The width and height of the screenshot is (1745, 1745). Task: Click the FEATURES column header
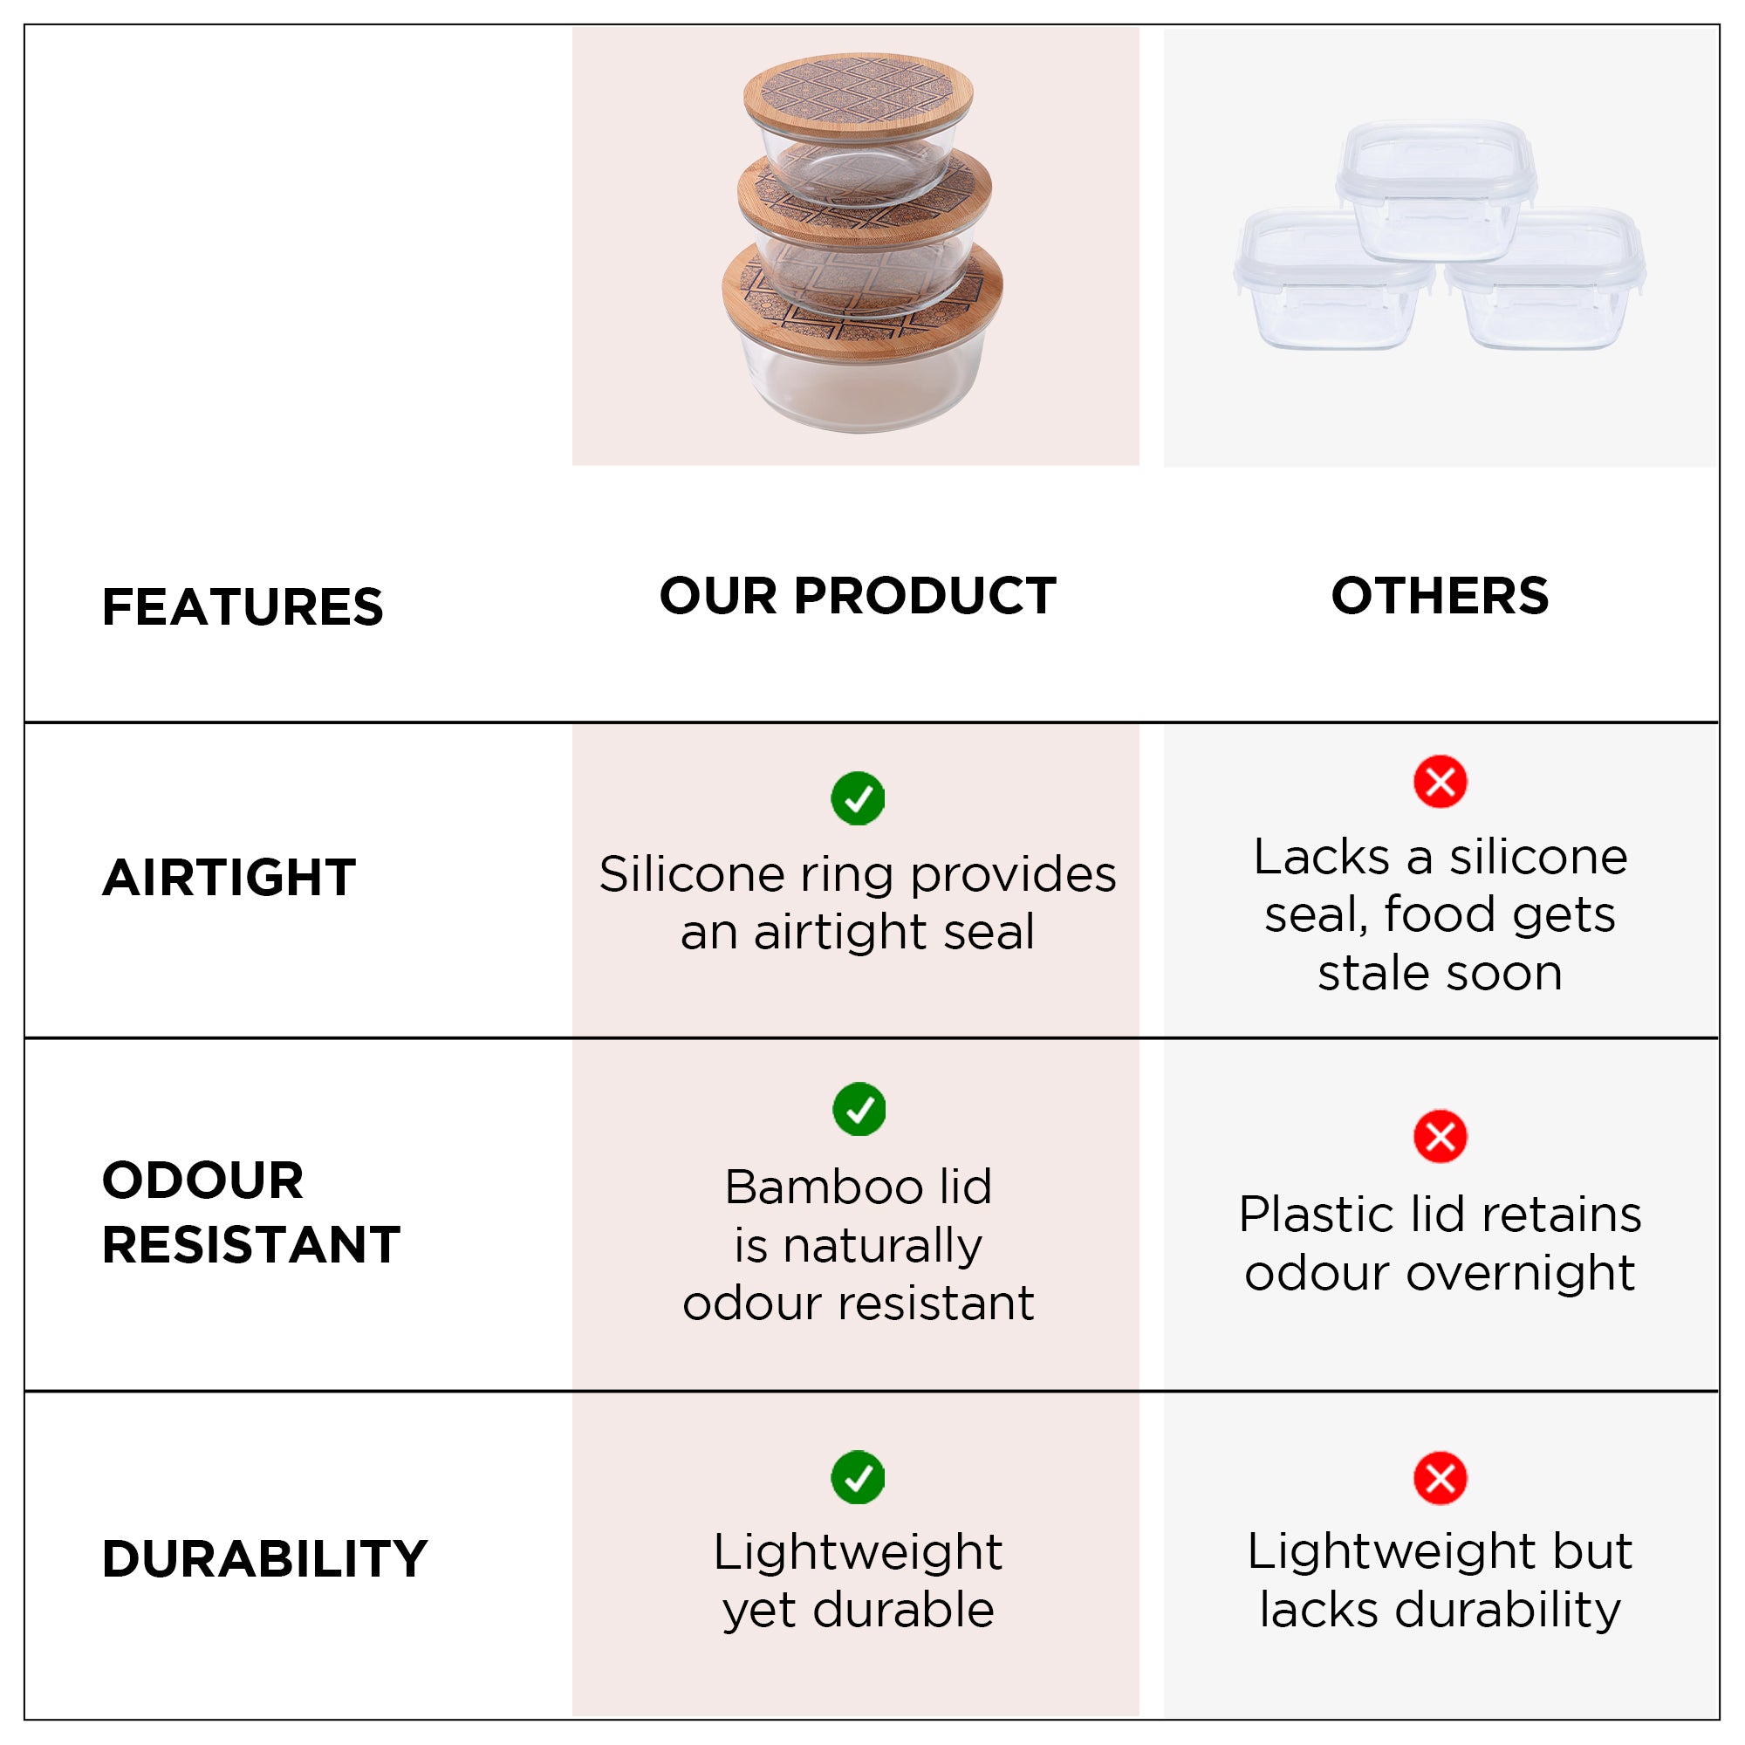242,606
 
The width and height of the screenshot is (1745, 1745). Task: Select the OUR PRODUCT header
857,595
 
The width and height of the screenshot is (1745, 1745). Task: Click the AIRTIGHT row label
229,877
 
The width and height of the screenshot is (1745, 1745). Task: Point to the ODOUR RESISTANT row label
250,1211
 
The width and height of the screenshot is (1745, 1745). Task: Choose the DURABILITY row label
263,1558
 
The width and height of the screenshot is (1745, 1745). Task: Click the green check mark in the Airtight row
857,798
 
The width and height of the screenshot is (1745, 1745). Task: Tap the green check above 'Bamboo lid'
859,1108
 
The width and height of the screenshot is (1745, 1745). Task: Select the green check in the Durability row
857,1478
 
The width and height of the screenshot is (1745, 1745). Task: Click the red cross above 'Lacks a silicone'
1440,781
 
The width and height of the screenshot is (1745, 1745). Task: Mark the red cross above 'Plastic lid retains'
1440,1136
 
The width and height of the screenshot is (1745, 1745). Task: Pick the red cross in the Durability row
1440,1479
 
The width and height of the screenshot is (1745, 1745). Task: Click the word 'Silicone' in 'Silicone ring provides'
692,874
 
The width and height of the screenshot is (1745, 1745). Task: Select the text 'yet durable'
858,1612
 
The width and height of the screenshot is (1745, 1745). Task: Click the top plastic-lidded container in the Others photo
1435,189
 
